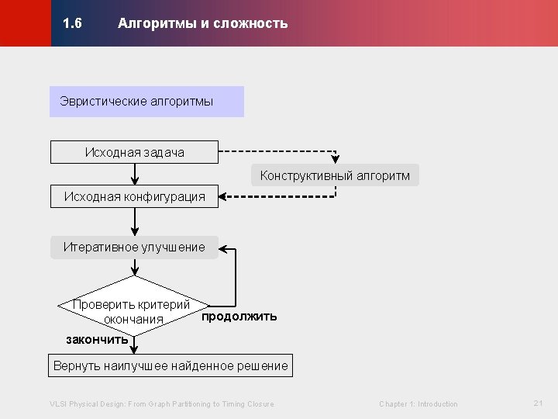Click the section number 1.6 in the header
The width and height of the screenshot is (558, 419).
pyautogui.click(x=73, y=23)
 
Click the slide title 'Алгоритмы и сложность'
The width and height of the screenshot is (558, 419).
pyautogui.click(x=202, y=23)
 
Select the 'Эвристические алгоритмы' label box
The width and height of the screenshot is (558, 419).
pyautogui.click(x=146, y=102)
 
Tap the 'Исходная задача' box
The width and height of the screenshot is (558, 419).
pyautogui.click(x=134, y=152)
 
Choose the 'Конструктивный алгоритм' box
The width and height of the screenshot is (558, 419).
pyautogui.click(x=335, y=175)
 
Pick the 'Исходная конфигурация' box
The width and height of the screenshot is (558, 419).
pyautogui.click(x=134, y=197)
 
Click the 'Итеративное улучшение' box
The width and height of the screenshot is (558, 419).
pyautogui.click(x=134, y=248)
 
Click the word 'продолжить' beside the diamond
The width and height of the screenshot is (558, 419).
pyautogui.click(x=239, y=317)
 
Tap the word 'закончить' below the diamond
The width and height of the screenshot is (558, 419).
pyautogui.click(x=97, y=339)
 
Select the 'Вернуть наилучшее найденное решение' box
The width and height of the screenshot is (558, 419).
pyautogui.click(x=170, y=365)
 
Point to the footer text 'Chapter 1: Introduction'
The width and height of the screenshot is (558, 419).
pyautogui.click(x=418, y=403)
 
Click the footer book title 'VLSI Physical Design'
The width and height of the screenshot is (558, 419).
pyautogui.click(x=161, y=403)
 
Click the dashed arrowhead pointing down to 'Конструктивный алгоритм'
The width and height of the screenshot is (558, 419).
pyautogui.click(x=335, y=159)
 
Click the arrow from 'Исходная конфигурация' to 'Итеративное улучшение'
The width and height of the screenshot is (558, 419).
pyautogui.click(x=135, y=222)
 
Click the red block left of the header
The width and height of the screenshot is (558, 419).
pyautogui.click(x=25, y=23)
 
